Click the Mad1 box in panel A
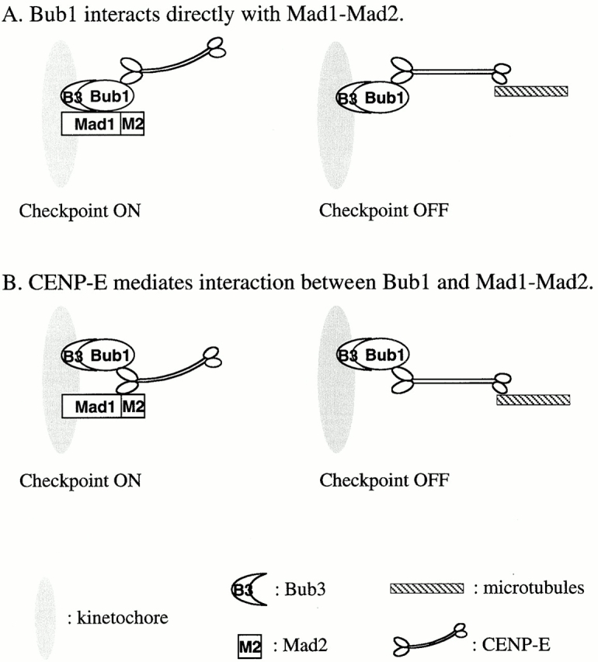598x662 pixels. click(92, 125)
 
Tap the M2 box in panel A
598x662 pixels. click(132, 125)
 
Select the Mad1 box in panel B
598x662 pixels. click(92, 406)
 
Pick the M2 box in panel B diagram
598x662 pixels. click(132, 406)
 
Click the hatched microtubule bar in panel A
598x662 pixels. click(531, 91)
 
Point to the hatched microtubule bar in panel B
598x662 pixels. click(534, 400)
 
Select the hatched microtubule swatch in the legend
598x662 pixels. click(426, 588)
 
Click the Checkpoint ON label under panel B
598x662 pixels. click(81, 480)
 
